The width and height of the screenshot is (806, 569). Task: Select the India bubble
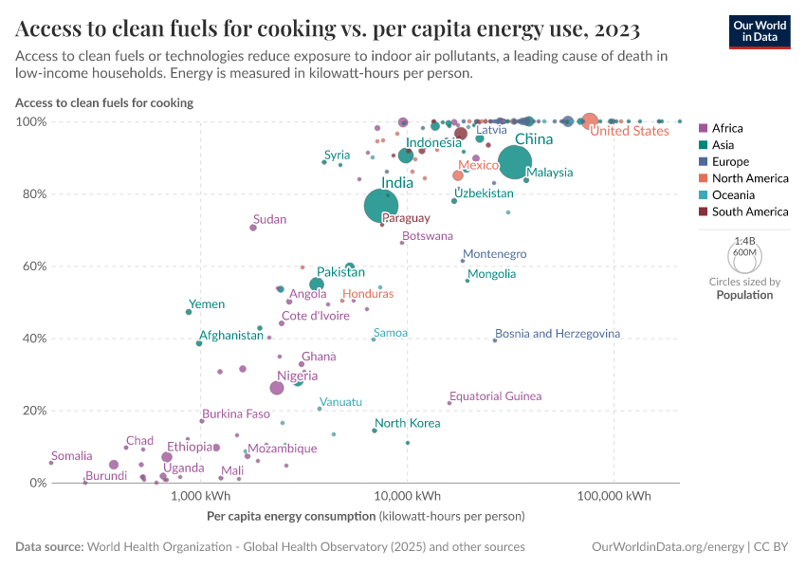[x=381, y=205]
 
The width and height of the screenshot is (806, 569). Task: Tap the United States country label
[x=629, y=131]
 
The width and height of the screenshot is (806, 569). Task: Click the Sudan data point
[x=253, y=228]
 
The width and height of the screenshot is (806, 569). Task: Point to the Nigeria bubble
[x=277, y=388]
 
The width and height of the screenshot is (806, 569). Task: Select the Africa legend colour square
[x=703, y=128]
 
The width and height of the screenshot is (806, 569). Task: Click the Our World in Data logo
[x=759, y=31]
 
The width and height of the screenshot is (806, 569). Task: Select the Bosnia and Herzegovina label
[x=558, y=334]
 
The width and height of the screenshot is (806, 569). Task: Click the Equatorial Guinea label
[x=495, y=396]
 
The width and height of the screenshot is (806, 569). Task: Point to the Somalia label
[x=72, y=456]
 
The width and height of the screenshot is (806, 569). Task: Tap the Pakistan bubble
[x=317, y=284]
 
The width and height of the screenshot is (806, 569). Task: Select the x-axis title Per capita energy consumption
[x=290, y=517]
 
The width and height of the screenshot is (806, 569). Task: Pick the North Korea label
[x=408, y=423]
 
